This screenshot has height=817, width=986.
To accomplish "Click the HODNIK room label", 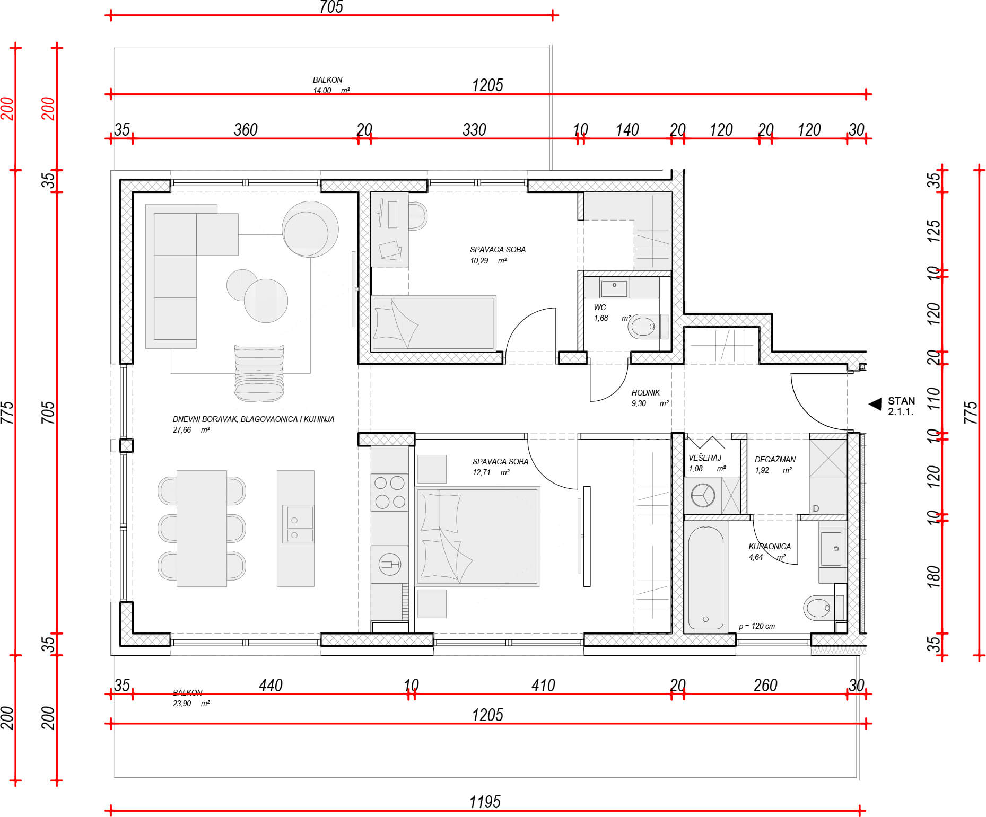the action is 645,393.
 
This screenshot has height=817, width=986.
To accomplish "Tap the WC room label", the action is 600,308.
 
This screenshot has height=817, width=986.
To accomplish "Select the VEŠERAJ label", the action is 705,458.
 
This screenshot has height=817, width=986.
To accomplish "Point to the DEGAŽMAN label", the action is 775,459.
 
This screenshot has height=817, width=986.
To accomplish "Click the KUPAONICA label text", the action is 770,546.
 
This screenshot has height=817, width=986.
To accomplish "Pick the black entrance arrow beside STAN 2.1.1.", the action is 875,405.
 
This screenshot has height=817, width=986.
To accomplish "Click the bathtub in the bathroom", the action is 705,578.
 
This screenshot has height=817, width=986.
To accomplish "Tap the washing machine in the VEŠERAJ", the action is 703,496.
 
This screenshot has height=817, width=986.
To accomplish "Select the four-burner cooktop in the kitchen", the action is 390,492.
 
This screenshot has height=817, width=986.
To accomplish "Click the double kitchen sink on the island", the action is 300,524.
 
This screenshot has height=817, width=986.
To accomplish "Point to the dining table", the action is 202,528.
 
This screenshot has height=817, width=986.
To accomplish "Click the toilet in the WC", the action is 643,327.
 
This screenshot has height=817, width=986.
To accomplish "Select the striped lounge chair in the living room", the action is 259,373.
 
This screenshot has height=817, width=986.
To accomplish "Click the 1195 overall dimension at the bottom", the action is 485,802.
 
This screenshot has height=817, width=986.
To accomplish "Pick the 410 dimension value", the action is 543,685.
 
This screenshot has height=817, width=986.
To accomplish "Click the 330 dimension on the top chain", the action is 474,129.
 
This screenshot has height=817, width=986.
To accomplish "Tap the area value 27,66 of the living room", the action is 182,430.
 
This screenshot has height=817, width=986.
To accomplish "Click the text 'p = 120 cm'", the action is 757,626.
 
